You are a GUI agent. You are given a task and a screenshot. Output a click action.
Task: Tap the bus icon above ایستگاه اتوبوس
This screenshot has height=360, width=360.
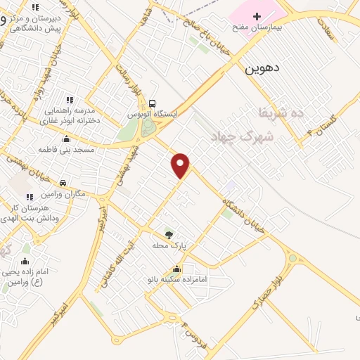click(x=153, y=103)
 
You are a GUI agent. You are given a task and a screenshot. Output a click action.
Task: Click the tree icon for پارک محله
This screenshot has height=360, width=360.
click(x=168, y=235)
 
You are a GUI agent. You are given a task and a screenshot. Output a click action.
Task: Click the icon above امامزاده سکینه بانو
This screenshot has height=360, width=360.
click(x=176, y=269)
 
